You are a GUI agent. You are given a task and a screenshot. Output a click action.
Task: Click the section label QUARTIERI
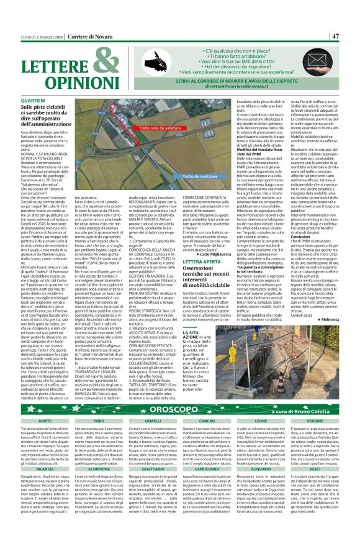tap(33, 100)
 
